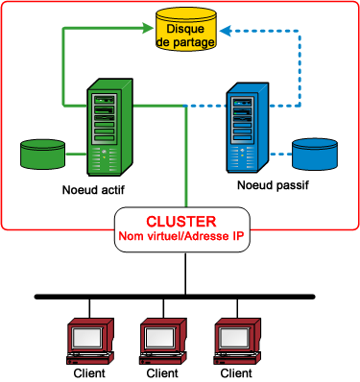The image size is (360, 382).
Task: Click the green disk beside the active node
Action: [43, 154]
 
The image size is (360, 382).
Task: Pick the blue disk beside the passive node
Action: [316, 154]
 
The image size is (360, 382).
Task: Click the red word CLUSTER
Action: [180, 220]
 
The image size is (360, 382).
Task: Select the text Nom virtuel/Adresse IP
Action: [180, 236]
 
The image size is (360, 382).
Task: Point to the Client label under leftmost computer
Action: [89, 372]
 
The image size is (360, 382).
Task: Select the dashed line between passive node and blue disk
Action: [279, 154]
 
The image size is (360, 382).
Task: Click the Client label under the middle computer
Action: [160, 372]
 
